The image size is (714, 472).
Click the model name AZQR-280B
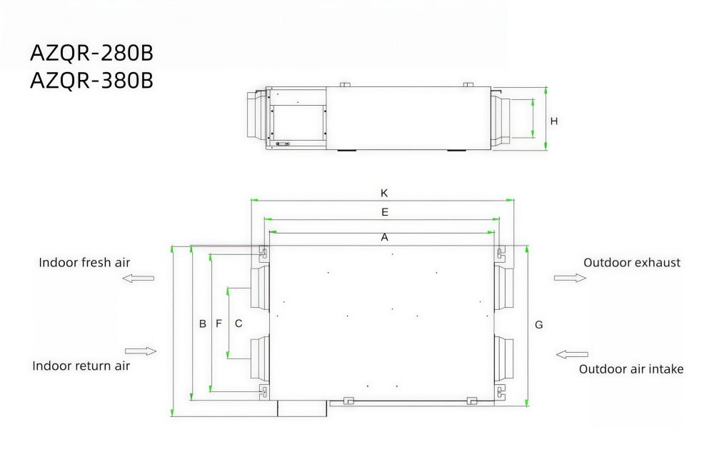tap(91, 53)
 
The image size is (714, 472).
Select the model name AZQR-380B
tap(91, 81)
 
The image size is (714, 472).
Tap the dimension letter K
tap(384, 194)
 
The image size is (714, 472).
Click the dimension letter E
tap(385, 212)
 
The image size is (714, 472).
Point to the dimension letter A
tap(385, 237)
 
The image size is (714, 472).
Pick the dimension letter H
tap(554, 121)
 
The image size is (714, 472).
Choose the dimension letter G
tap(539, 325)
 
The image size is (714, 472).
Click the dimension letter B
tap(203, 324)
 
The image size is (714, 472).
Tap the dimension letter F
tap(219, 323)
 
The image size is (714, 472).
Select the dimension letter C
tap(238, 323)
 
